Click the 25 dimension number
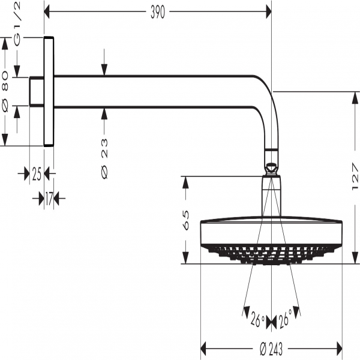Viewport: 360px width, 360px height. coord(37,175)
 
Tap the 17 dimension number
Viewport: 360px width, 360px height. coord(49,198)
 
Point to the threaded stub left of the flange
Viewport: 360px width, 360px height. coord(37,91)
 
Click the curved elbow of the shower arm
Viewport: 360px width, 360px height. coord(267,102)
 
